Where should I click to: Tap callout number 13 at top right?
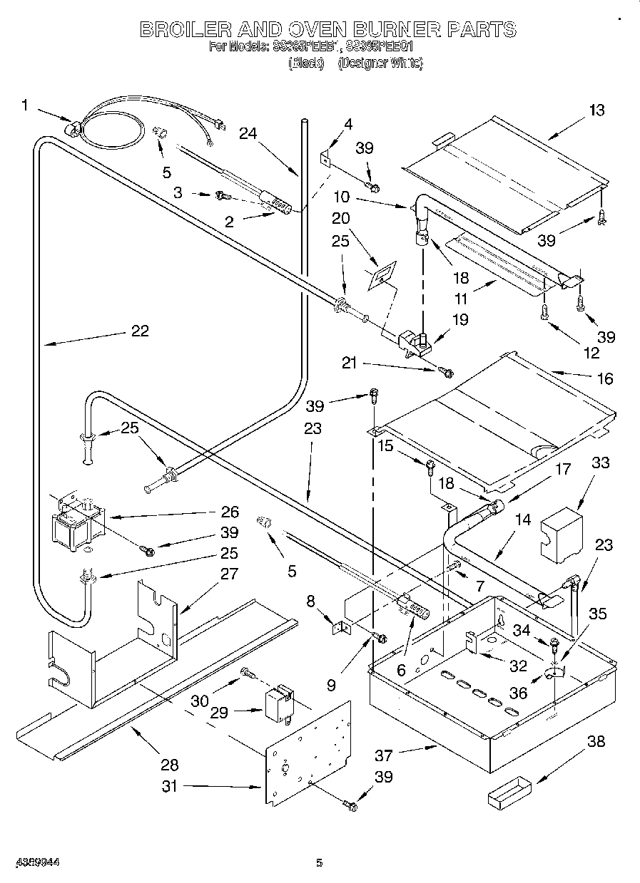[x=596, y=110]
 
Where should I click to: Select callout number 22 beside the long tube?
[x=140, y=331]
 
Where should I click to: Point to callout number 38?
[x=596, y=741]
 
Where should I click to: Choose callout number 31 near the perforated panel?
[x=171, y=787]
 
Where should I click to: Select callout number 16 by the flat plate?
[x=604, y=378]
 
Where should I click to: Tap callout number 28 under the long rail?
[x=169, y=765]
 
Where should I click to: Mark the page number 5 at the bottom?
[x=320, y=863]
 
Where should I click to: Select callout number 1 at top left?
[x=25, y=105]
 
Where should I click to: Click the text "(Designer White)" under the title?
[x=380, y=63]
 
